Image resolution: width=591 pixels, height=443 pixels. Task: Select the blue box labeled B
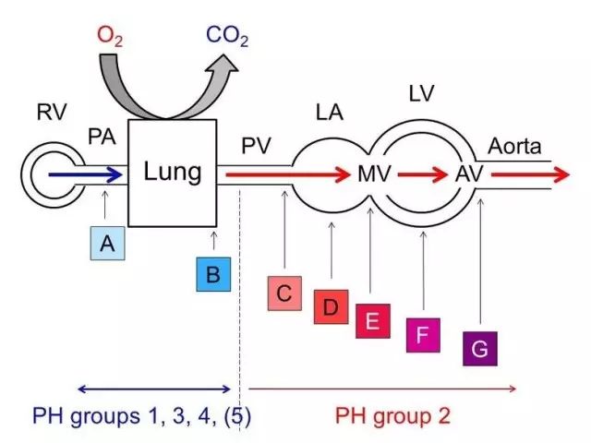213,274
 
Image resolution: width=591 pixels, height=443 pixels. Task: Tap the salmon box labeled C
283,293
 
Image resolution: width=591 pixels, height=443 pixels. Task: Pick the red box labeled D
331,306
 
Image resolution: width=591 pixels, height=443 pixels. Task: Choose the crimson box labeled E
372,321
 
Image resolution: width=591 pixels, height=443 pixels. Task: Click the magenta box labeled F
423,335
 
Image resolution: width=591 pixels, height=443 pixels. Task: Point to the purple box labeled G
480,349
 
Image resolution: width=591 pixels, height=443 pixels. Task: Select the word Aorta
515,146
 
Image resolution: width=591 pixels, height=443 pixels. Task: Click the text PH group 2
392,416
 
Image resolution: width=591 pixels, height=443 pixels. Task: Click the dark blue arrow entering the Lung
84,173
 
